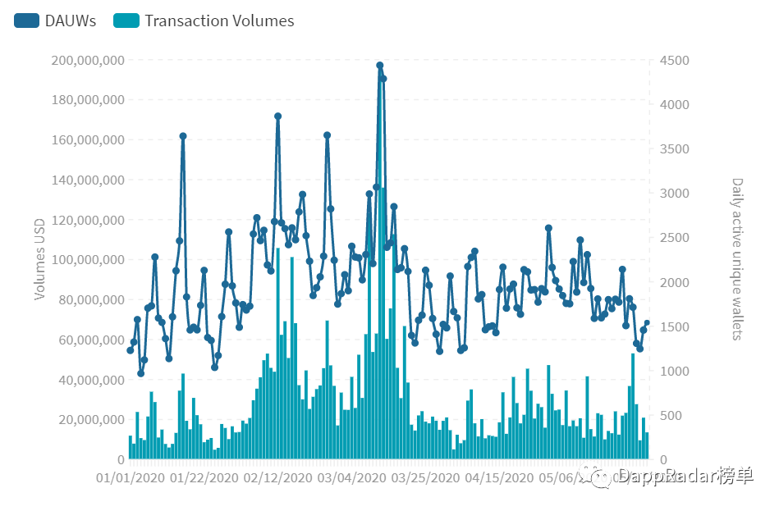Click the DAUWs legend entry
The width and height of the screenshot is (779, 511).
pos(55,21)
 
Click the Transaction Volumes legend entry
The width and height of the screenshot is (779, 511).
pos(204,21)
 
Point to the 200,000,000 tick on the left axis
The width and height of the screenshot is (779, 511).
pos(87,60)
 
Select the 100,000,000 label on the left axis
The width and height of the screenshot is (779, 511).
pos(87,260)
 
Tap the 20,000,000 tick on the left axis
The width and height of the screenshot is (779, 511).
pos(90,420)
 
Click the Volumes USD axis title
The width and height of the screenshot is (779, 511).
pos(39,259)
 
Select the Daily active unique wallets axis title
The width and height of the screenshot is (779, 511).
pos(737,259)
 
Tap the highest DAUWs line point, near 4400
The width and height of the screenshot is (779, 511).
pos(380,65)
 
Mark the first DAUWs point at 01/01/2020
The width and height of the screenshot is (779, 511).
pos(130,350)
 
